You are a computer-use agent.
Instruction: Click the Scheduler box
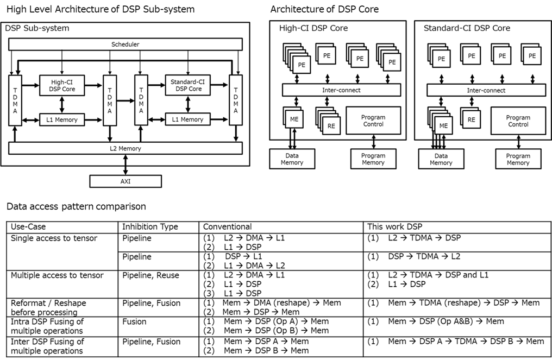pos(125,44)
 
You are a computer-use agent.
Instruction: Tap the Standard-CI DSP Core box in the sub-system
pos(187,85)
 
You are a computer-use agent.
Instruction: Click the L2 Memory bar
pos(125,148)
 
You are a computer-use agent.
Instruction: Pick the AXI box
pos(126,181)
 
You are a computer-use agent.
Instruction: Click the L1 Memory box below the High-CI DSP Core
pos(62,119)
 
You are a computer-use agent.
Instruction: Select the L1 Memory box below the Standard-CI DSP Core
pos(187,119)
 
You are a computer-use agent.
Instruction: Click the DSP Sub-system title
pos(37,28)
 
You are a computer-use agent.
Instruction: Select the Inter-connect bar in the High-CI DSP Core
pos(341,90)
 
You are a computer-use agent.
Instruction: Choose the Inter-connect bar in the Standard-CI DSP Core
pos(486,90)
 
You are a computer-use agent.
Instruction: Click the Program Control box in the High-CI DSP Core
pos(373,121)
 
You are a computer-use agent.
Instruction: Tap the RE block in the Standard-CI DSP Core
pos(471,119)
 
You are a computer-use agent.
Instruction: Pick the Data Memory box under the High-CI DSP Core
pos(292,159)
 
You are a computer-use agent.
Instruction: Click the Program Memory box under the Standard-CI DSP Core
pos(518,159)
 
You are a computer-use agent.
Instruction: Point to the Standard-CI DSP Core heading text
pos(467,28)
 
